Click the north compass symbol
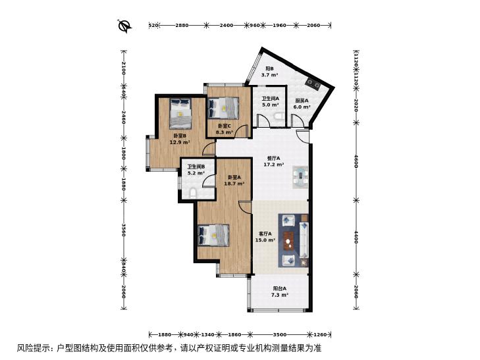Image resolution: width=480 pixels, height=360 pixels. [x=125, y=26]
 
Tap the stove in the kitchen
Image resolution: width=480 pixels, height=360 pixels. [x=313, y=83]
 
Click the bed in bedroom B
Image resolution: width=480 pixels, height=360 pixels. [x=180, y=113]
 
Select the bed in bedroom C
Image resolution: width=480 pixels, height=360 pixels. [x=223, y=108]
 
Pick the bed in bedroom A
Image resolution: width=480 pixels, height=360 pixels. [x=214, y=235]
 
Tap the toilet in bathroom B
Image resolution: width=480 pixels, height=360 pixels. [x=193, y=193]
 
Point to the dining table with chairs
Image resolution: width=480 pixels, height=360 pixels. [x=300, y=178]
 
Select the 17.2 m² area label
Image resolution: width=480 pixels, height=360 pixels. [x=274, y=165]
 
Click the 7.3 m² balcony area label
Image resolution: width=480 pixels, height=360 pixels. [x=280, y=295]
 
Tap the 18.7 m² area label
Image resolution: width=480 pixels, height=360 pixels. [x=234, y=184]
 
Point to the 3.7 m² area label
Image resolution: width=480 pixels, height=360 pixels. [x=269, y=74]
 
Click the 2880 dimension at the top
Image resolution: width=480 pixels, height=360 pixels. [x=182, y=26]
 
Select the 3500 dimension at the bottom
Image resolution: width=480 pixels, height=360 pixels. [x=279, y=334]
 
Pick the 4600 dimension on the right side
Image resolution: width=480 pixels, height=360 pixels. [x=356, y=161]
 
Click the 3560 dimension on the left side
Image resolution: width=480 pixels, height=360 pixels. [x=124, y=230]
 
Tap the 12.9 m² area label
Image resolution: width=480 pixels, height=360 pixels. [x=180, y=142]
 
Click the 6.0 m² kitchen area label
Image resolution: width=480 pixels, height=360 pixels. [x=302, y=107]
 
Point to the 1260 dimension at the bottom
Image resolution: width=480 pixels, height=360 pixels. [x=321, y=334]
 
